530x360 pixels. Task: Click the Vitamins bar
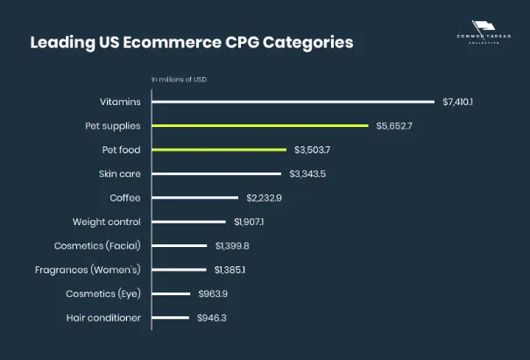[293, 102]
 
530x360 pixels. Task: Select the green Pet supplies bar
[260, 126]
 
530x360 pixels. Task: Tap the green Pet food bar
[219, 150]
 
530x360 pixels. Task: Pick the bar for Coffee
[195, 198]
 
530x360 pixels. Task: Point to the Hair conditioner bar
[170, 318]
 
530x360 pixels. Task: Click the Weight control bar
[188, 222]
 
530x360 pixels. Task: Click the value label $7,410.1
[457, 102]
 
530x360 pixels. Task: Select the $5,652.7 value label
[394, 126]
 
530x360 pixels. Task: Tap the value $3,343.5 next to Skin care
[307, 174]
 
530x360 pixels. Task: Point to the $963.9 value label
[213, 293]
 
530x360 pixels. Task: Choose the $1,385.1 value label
[230, 270]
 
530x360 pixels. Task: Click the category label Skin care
[120, 173]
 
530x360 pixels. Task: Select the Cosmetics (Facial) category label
[97, 246]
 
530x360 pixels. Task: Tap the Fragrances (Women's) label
[88, 270]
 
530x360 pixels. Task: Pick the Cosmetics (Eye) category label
[103, 293]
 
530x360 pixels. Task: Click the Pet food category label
[122, 150]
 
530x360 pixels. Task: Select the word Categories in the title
[308, 43]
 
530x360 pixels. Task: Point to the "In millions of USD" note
[179, 80]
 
